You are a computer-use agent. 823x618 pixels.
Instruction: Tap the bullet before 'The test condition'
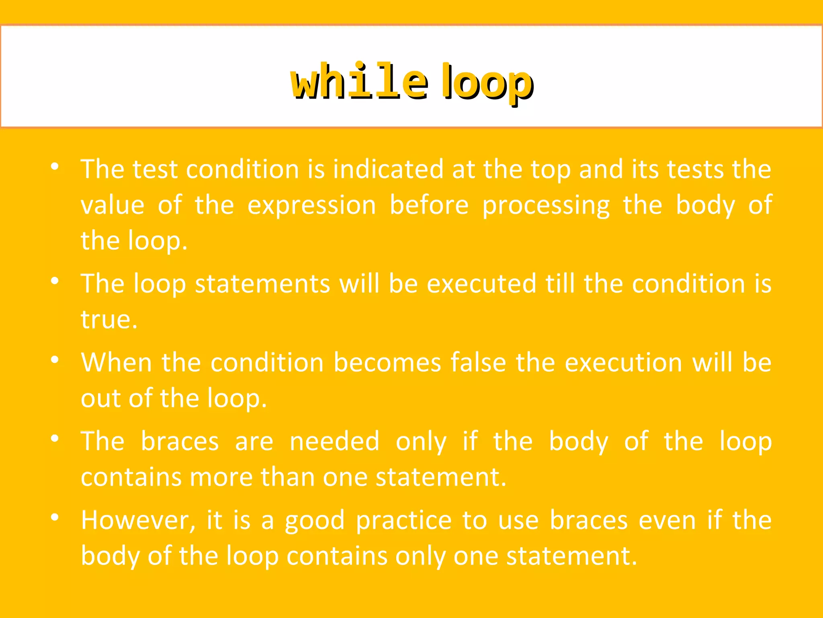tap(55, 166)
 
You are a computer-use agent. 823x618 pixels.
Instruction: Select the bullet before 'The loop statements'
tap(55, 281)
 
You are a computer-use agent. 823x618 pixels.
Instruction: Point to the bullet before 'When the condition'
tap(55, 360)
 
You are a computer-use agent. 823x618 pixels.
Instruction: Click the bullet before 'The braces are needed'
tap(55, 439)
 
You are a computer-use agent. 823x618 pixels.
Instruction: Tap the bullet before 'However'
tap(55, 517)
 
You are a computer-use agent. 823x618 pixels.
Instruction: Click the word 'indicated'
tap(388, 169)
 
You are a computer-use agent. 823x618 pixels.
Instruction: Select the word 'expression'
tap(311, 205)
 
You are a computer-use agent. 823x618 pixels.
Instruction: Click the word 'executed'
tap(481, 284)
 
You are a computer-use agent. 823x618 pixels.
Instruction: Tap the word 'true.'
tap(109, 319)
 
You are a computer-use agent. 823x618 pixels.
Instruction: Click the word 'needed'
tap(334, 441)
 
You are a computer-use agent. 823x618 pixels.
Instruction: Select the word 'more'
tap(221, 477)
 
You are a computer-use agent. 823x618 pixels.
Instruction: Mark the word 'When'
tap(117, 363)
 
